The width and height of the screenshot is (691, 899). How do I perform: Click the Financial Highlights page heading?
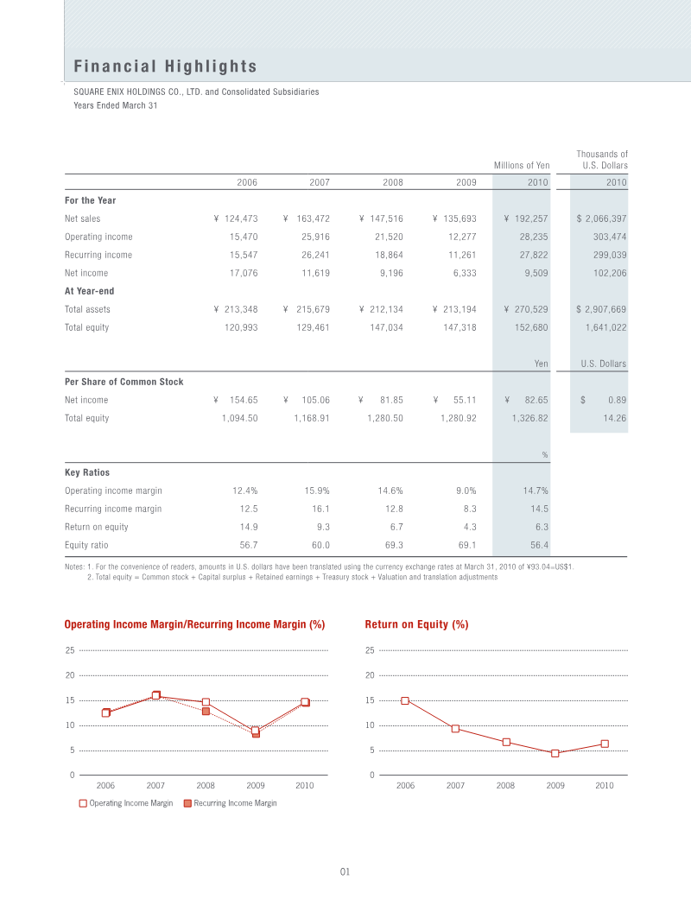coord(165,66)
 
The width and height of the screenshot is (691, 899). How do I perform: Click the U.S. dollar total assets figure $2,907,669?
coord(601,309)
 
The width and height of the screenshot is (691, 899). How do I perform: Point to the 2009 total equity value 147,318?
coord(458,327)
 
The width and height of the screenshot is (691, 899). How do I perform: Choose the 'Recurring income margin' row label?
coord(112,510)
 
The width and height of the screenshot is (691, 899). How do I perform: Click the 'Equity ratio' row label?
coord(86,546)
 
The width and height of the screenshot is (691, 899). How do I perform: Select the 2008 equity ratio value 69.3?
coord(393,546)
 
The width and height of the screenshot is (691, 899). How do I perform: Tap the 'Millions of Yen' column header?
coord(522,165)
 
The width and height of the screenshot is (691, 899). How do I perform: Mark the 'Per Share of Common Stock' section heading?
coord(124,382)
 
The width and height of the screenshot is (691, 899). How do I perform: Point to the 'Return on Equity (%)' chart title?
coord(416,624)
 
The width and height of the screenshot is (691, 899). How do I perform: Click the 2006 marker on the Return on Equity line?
coord(405,700)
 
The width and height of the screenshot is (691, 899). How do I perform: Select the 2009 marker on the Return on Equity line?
coord(555,753)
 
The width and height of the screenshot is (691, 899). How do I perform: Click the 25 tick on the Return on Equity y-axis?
coord(369,650)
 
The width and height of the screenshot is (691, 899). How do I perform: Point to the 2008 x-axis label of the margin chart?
coord(206,786)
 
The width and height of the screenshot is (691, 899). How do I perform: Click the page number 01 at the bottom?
coord(345,872)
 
